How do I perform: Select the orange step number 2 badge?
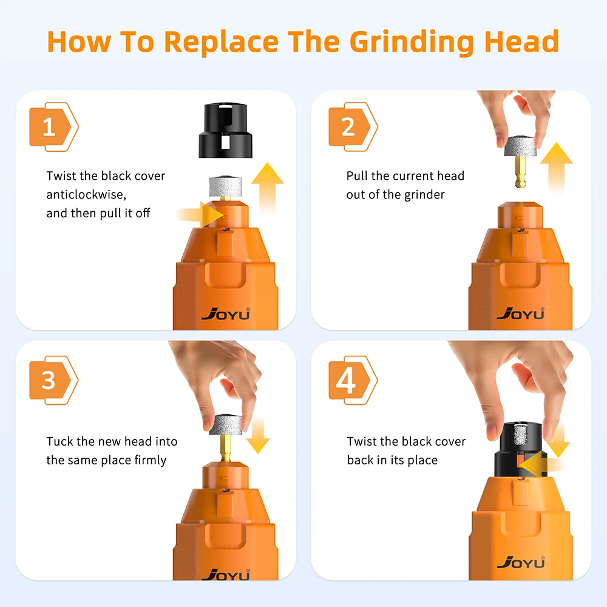pyautogui.click(x=349, y=127)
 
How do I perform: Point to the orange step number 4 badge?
pyautogui.click(x=349, y=381)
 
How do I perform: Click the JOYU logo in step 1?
pyautogui.click(x=225, y=314)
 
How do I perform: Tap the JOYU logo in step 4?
pyautogui.click(x=521, y=562)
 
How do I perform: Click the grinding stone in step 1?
pyautogui.click(x=226, y=186)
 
